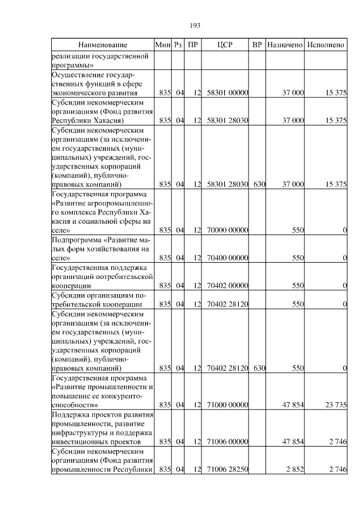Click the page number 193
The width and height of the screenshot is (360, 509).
pyautogui.click(x=196, y=25)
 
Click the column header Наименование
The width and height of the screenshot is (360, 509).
pyautogui.click(x=103, y=44)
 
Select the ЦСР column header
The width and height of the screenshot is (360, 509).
pyautogui.click(x=225, y=44)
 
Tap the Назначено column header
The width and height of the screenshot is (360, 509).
pyautogui.click(x=285, y=44)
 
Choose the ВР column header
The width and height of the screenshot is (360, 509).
pyautogui.click(x=257, y=44)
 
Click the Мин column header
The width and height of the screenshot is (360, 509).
pyautogui.click(x=163, y=44)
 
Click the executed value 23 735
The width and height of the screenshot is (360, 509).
pyautogui.click(x=334, y=404)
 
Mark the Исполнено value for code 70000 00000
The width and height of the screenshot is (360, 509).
pyautogui.click(x=344, y=230)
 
